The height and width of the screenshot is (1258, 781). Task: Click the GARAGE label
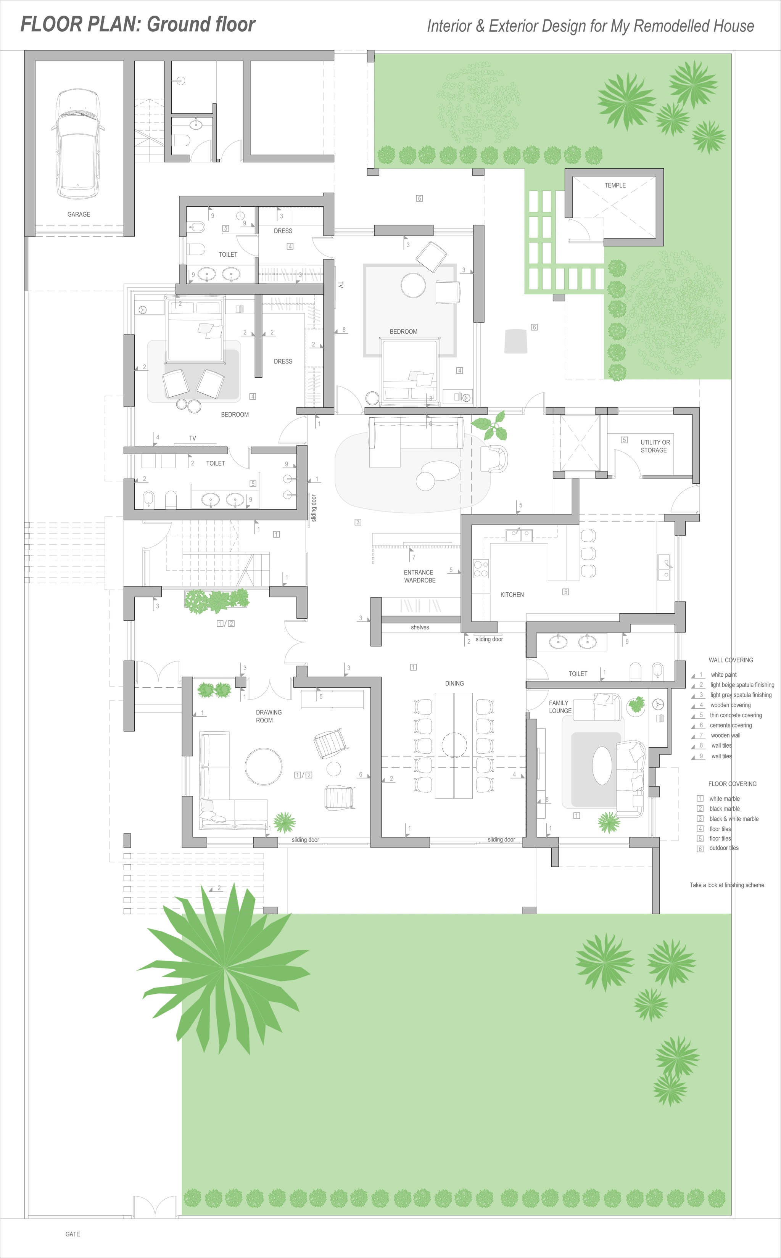tap(79, 214)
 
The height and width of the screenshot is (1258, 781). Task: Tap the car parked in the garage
tap(77, 143)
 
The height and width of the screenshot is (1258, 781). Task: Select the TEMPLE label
tap(615, 185)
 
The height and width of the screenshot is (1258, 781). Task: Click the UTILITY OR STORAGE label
tap(655, 446)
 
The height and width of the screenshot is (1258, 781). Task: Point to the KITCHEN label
tap(512, 595)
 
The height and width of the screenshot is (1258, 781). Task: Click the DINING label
tap(454, 683)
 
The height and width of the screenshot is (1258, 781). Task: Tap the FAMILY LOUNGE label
tap(560, 707)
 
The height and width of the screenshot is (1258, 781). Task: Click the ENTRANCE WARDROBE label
tap(419, 576)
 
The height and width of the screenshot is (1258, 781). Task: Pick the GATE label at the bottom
tap(72, 1234)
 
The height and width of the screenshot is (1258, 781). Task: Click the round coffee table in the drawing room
tap(263, 767)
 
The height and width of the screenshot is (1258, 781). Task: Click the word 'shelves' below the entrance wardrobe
tap(420, 627)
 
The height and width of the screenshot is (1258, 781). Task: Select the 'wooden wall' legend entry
tap(725, 735)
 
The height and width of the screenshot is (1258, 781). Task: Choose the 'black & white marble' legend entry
tap(734, 819)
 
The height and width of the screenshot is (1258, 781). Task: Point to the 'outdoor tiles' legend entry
tap(724, 848)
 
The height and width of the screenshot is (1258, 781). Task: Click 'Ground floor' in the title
tap(201, 24)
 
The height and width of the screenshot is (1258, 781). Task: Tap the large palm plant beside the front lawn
tap(224, 967)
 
